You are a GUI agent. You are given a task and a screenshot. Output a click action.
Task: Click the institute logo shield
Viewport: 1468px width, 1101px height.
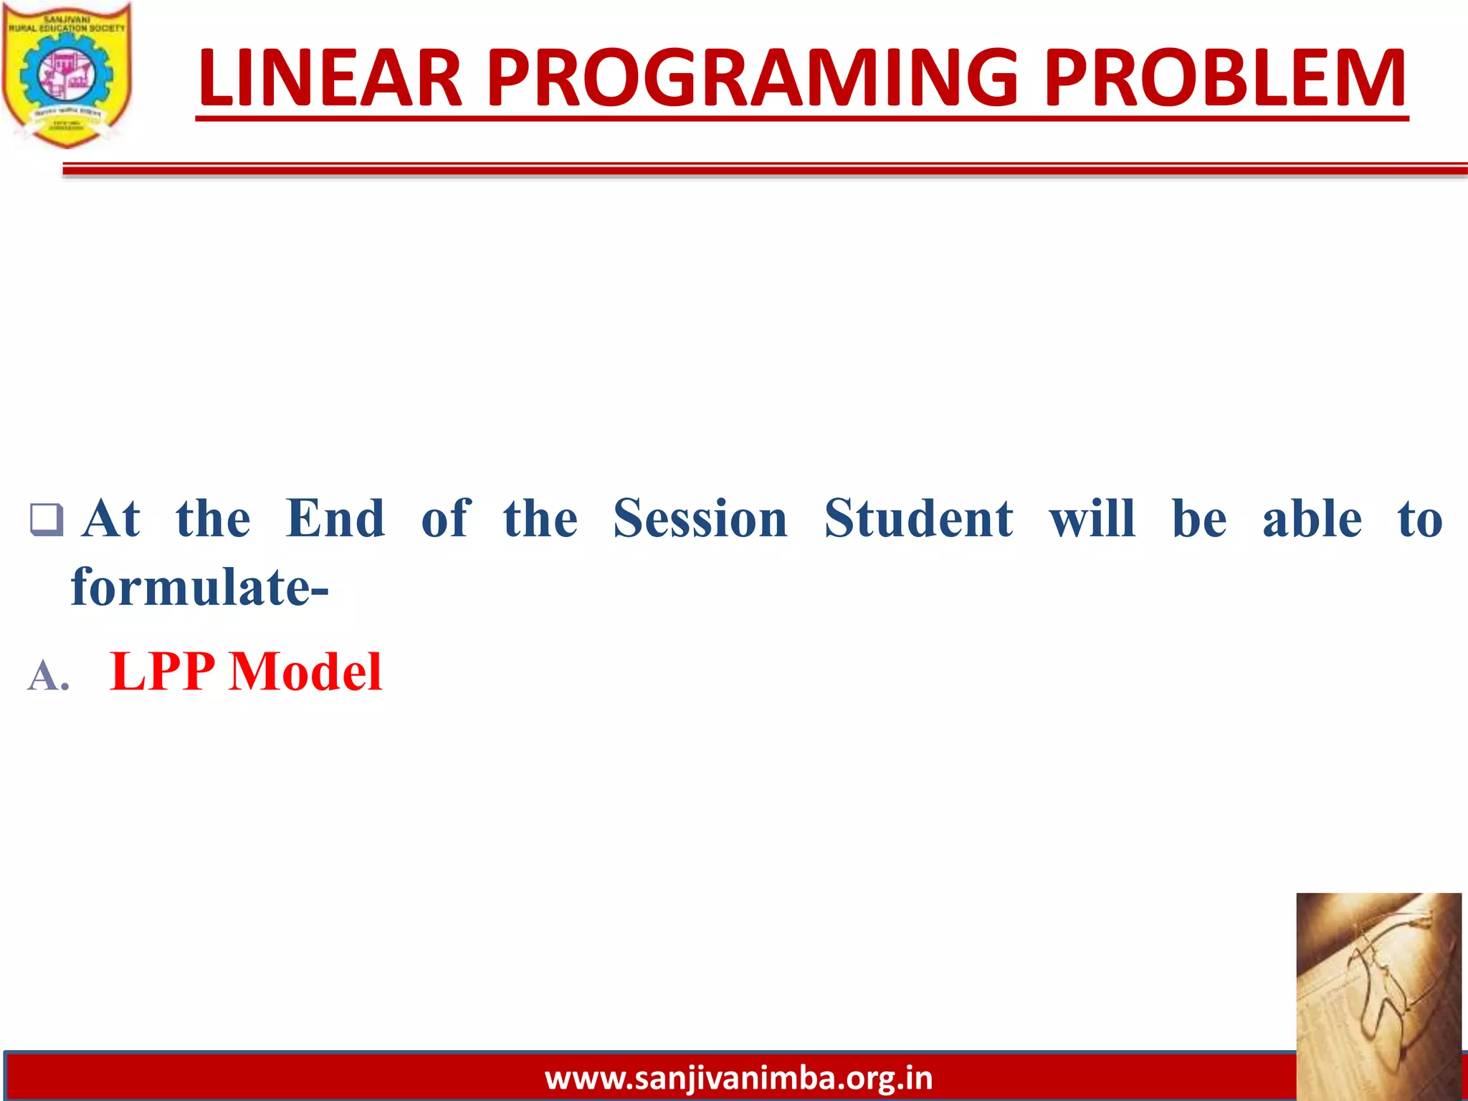[x=67, y=75]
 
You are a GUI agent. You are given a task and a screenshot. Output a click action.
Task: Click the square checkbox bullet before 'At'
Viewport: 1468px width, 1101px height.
[x=47, y=520]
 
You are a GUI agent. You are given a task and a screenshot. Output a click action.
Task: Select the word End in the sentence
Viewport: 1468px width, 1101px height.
[x=335, y=518]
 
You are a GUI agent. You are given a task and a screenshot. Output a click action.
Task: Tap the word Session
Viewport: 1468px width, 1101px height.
[x=700, y=518]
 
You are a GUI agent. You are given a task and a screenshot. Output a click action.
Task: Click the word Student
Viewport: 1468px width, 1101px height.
[x=918, y=518]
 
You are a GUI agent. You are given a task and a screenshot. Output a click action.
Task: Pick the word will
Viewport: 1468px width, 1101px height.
[x=1092, y=518]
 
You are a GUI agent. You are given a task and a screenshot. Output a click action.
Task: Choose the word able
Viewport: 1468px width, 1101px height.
[x=1312, y=518]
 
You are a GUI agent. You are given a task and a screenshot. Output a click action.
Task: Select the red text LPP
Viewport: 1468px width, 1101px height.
[x=163, y=672]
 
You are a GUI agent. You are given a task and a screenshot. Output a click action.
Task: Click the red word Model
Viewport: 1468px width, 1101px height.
[x=305, y=672]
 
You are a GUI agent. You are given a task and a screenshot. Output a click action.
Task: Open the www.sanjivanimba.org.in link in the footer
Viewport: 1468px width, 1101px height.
[x=738, y=1078]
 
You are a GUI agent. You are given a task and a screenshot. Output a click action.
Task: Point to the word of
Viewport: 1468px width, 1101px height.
[x=445, y=518]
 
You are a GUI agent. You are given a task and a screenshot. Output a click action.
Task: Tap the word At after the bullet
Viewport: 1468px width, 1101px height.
[x=111, y=518]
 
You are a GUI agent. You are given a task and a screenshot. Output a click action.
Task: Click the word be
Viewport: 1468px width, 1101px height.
[x=1198, y=518]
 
